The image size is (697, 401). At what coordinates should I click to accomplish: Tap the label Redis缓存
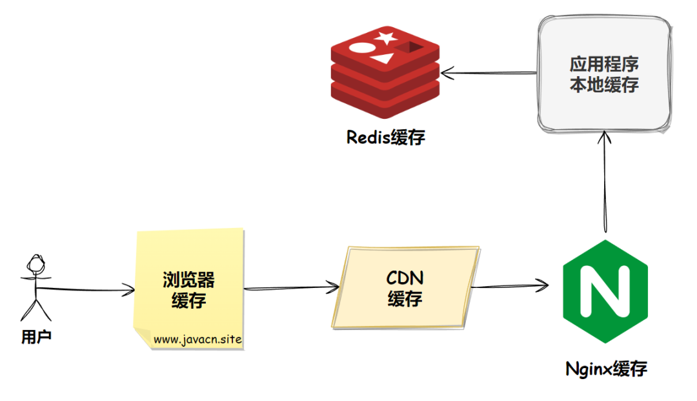tap(386, 138)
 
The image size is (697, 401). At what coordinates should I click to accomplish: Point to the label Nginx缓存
tap(606, 369)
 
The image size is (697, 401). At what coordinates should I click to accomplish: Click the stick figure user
tap(35, 287)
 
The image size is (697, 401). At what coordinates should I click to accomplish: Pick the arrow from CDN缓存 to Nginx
tap(510, 286)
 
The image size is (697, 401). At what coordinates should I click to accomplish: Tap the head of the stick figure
tap(35, 263)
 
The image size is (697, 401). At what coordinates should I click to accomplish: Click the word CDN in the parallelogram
tap(405, 278)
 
